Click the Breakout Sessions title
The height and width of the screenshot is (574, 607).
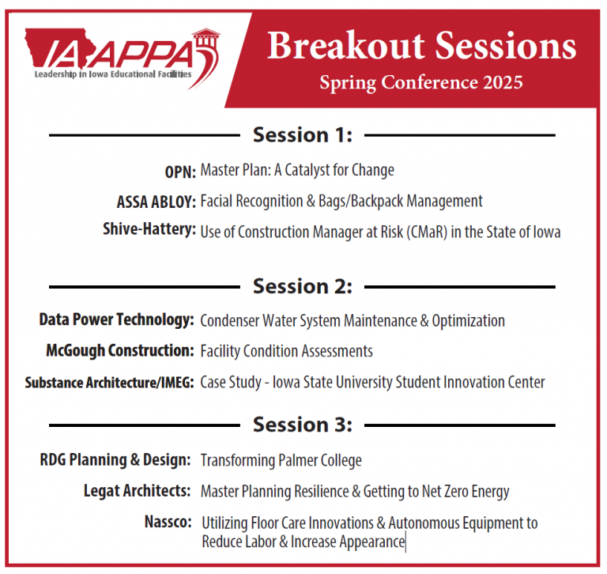(x=421, y=47)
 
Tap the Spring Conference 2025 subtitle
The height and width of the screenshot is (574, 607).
(x=420, y=81)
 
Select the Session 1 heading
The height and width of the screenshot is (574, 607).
(x=303, y=135)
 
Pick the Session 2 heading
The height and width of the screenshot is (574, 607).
(x=303, y=286)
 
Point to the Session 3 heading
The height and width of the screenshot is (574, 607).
(x=303, y=425)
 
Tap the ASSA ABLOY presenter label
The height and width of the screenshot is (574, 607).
(x=156, y=202)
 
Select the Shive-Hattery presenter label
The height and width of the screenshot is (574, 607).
(x=149, y=230)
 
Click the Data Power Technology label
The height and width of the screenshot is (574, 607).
(x=117, y=320)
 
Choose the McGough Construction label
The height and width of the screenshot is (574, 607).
(x=119, y=350)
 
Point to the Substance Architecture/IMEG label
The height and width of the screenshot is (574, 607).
(x=109, y=383)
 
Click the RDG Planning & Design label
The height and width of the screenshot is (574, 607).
(x=115, y=459)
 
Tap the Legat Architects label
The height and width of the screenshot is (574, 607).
(x=137, y=491)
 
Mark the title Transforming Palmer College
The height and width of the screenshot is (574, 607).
(x=281, y=460)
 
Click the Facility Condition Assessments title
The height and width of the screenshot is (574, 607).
(x=286, y=351)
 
